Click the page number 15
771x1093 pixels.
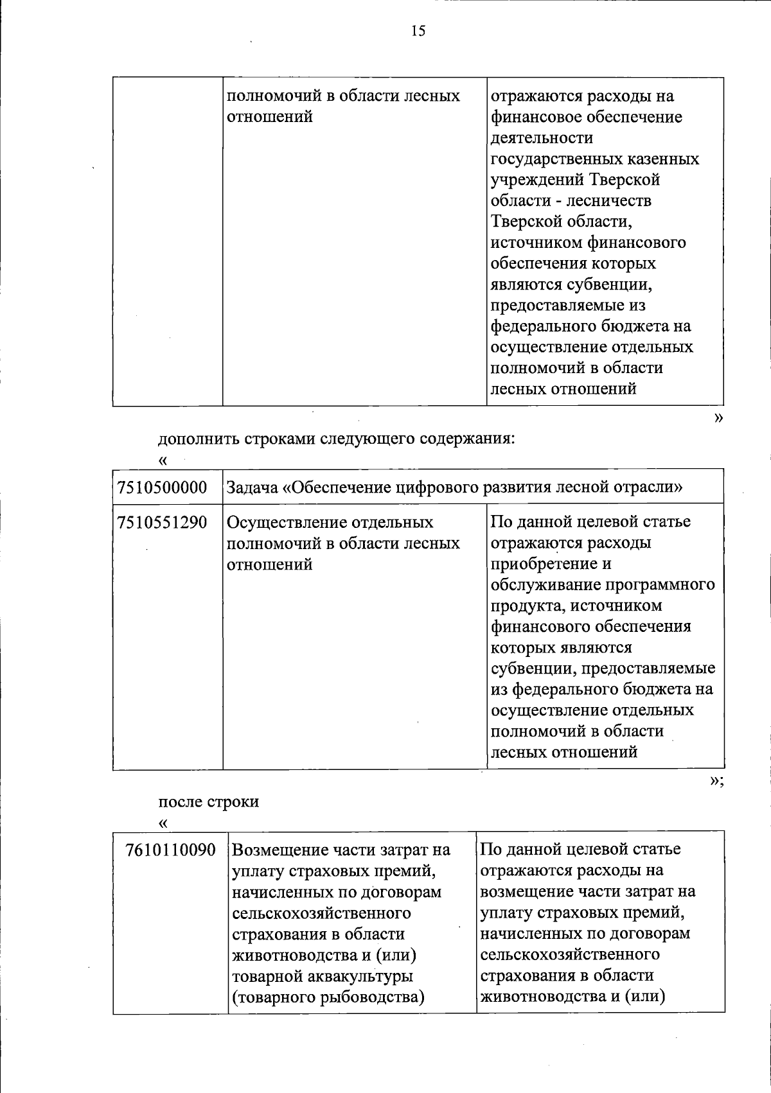tap(418, 31)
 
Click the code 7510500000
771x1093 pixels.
tap(162, 487)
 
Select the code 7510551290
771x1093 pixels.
tap(162, 522)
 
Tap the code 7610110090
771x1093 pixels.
tap(170, 850)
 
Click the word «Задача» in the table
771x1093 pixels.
tap(252, 487)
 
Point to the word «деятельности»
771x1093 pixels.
tap(542, 138)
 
